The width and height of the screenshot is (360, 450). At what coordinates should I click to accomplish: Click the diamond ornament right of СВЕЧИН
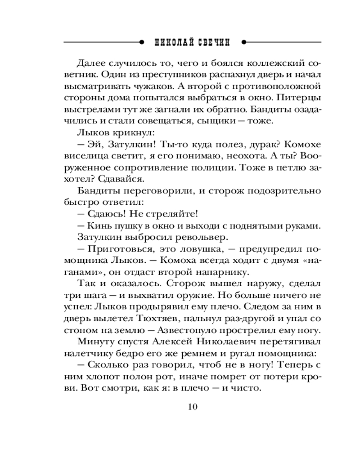point(243,43)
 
